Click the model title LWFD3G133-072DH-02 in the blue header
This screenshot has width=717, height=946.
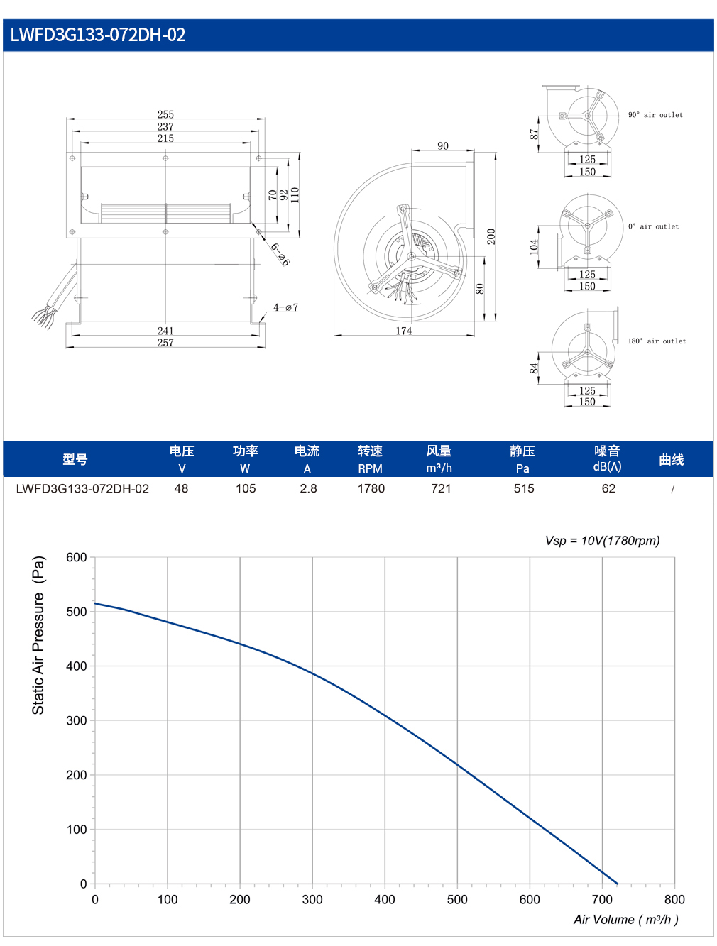click(x=98, y=35)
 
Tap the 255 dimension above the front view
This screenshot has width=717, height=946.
click(x=165, y=114)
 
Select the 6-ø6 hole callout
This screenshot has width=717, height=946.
click(x=280, y=254)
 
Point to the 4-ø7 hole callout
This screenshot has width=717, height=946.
click(x=285, y=307)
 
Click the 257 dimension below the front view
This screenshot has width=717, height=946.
click(x=165, y=343)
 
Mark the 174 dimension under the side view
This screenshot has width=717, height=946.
click(x=404, y=331)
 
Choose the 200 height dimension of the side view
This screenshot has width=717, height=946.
click(x=491, y=236)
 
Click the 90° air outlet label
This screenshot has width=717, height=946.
click(x=655, y=115)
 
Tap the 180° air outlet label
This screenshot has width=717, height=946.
click(x=657, y=341)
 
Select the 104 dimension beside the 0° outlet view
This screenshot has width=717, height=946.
click(x=534, y=247)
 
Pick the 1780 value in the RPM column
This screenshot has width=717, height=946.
click(x=371, y=488)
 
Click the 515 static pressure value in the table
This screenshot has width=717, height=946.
click(x=523, y=488)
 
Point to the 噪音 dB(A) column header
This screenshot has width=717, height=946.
click(x=607, y=458)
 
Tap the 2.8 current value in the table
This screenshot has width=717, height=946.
click(x=308, y=488)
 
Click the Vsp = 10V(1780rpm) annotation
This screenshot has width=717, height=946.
click(x=602, y=541)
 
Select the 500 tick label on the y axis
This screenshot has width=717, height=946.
click(x=76, y=612)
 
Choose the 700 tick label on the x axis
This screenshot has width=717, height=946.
click(x=602, y=899)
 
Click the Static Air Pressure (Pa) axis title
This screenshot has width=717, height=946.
click(x=38, y=635)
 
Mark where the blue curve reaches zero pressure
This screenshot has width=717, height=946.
click(x=618, y=884)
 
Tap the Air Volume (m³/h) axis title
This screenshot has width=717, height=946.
click(x=626, y=920)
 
